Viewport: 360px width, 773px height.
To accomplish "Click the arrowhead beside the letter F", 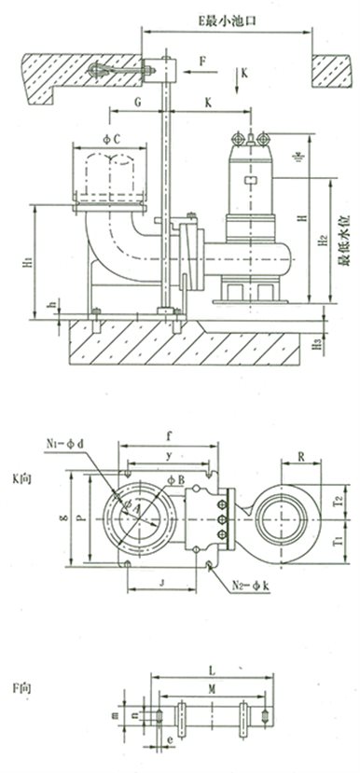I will coord(191,70).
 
